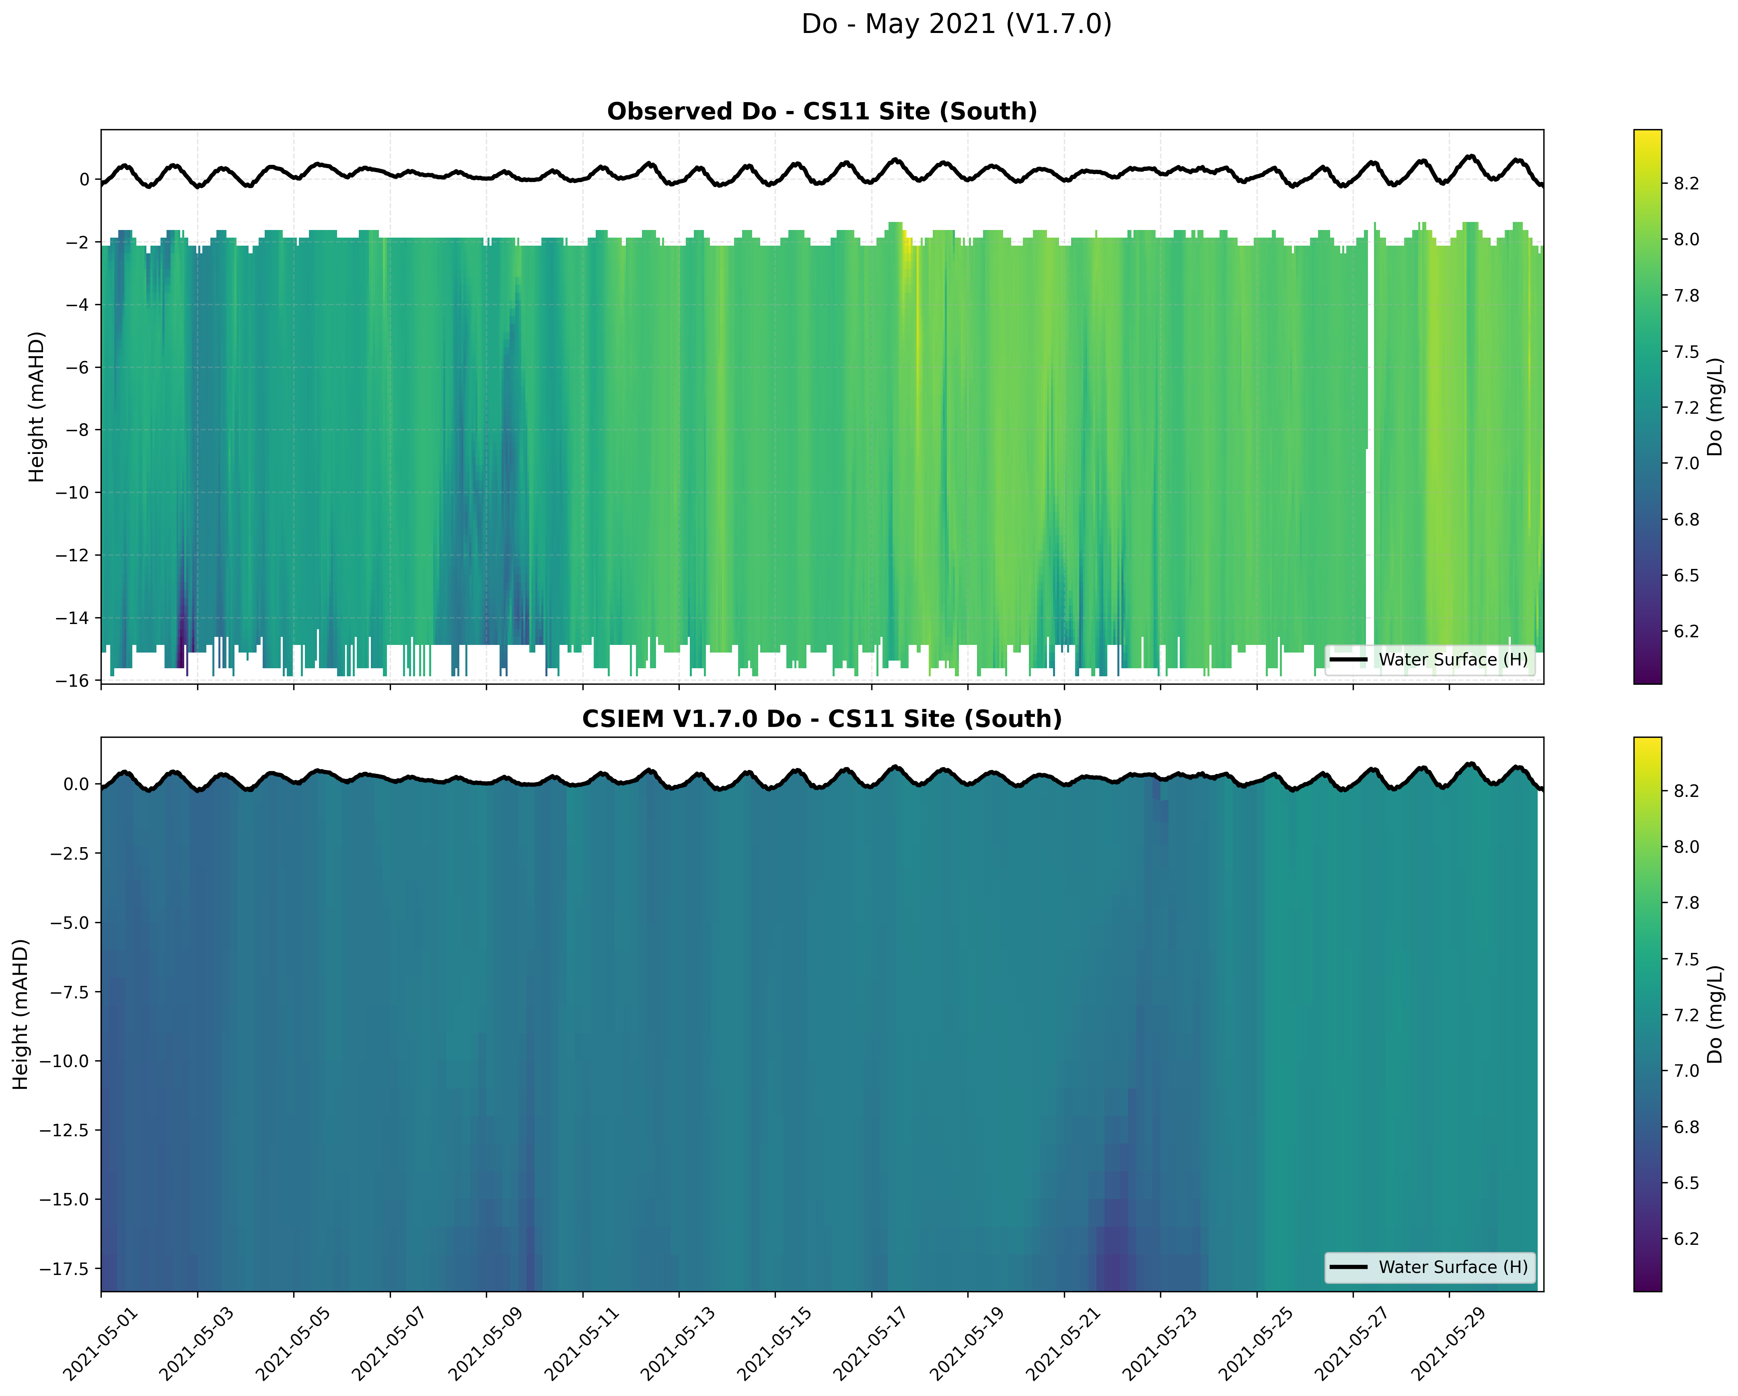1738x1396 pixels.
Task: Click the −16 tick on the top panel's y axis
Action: point(72,681)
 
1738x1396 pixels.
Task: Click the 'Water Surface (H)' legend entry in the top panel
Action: point(1453,659)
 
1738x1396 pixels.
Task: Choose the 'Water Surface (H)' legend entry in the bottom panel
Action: point(1453,1267)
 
